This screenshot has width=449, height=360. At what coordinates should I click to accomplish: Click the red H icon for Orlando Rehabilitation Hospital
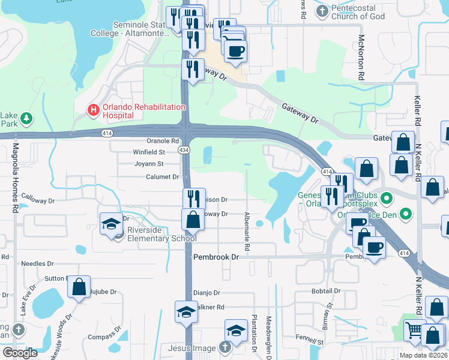(x=93, y=110)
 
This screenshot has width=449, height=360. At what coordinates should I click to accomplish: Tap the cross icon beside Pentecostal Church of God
(x=323, y=11)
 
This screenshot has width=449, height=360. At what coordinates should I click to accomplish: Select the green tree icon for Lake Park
(x=26, y=119)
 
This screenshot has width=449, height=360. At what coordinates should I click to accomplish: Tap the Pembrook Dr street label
(x=217, y=256)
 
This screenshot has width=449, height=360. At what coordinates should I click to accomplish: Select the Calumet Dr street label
(x=163, y=177)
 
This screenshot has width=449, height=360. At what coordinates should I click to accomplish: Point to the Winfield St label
(x=149, y=152)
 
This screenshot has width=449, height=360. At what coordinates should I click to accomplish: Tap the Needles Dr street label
(x=37, y=263)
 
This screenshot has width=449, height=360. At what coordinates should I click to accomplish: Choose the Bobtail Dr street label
(x=326, y=291)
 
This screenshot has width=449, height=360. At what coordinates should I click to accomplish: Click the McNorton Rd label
(x=362, y=58)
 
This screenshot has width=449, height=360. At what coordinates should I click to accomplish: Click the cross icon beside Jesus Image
(x=224, y=347)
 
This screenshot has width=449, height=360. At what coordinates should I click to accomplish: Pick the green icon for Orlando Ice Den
(x=406, y=213)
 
